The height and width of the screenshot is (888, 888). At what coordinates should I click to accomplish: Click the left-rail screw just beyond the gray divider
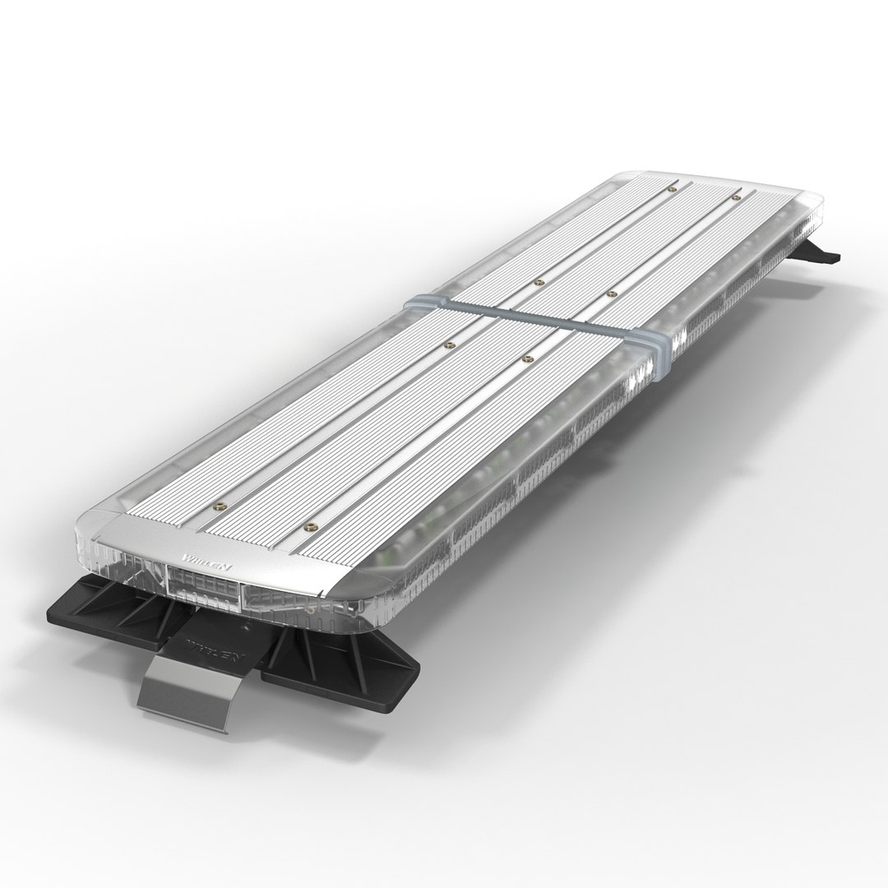(x=539, y=281)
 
